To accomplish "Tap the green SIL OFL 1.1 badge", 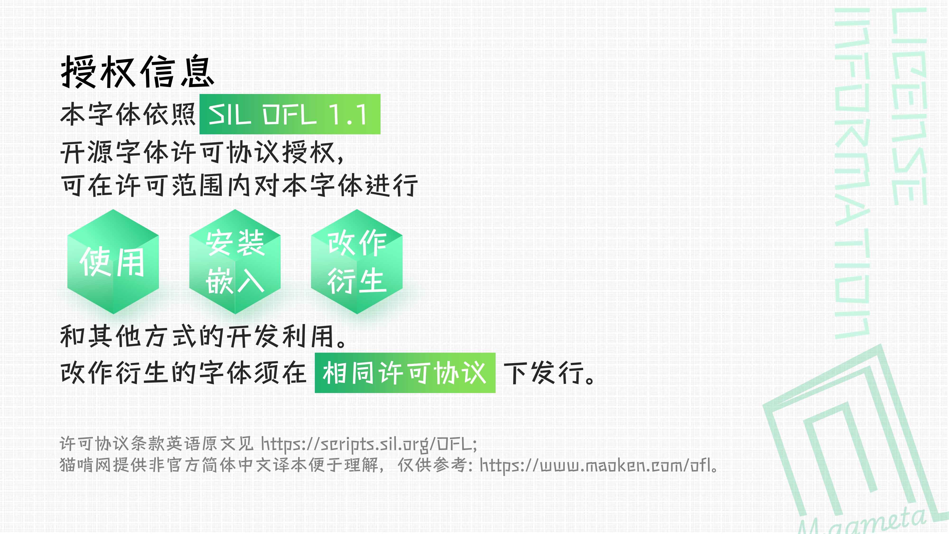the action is [x=289, y=114].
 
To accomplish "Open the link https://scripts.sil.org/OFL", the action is [x=368, y=444].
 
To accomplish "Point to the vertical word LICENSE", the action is [x=908, y=107].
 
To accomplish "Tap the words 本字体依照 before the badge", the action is [x=127, y=114].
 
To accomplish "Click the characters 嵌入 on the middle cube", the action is [x=235, y=281].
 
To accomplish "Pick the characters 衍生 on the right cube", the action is [x=357, y=281].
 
